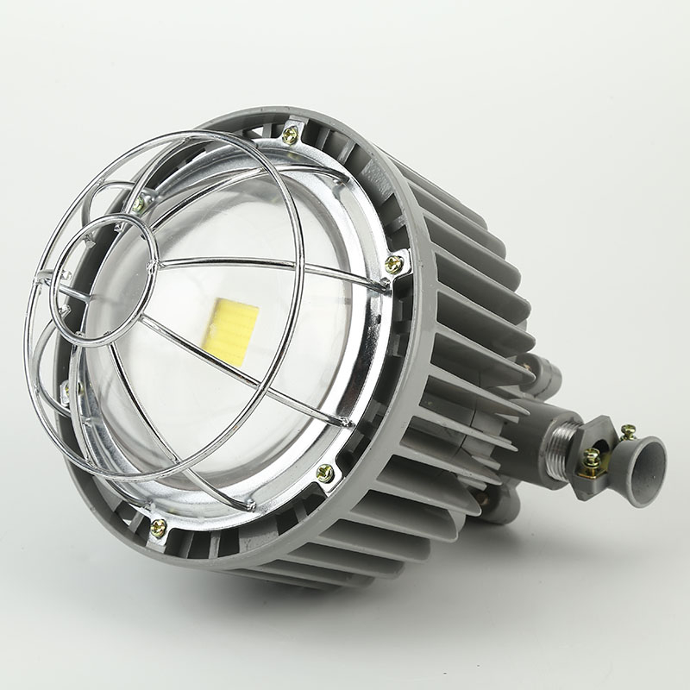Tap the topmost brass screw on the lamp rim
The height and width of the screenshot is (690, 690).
(x=290, y=135)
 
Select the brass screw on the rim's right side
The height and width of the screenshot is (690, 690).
(x=393, y=265)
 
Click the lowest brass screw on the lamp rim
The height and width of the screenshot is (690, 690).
(x=159, y=528)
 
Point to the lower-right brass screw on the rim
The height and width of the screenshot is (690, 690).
(x=325, y=473)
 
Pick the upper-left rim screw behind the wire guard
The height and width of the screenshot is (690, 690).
(x=140, y=204)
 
